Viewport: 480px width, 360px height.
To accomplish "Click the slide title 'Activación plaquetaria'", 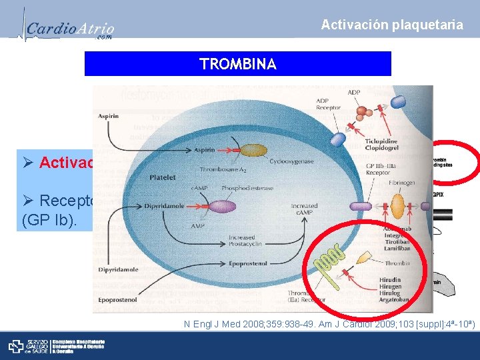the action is pos(392,25).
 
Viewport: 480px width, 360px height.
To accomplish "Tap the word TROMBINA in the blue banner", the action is pos(237,64).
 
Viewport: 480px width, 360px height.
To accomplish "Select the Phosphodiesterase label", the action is pos(248,187).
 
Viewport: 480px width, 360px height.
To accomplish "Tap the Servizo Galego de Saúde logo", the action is pos(57,346).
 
